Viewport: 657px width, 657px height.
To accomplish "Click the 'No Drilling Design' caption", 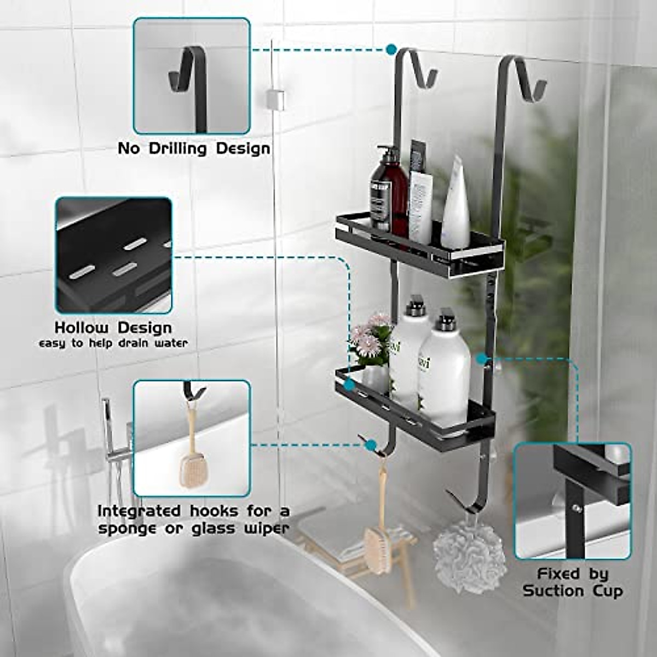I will [x=194, y=149].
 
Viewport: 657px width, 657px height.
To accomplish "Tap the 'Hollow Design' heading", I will [x=113, y=328].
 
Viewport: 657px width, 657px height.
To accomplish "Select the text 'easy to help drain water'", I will [x=113, y=344].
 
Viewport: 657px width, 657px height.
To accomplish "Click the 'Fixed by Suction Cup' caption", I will [x=573, y=583].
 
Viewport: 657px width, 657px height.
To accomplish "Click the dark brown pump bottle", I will [x=388, y=192].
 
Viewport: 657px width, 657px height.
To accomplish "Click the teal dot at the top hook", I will [x=391, y=49].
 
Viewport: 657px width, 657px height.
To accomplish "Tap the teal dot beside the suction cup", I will [x=481, y=359].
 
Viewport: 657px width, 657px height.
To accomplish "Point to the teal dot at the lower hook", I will [x=371, y=444].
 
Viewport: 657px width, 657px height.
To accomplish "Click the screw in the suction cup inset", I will [x=577, y=509].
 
